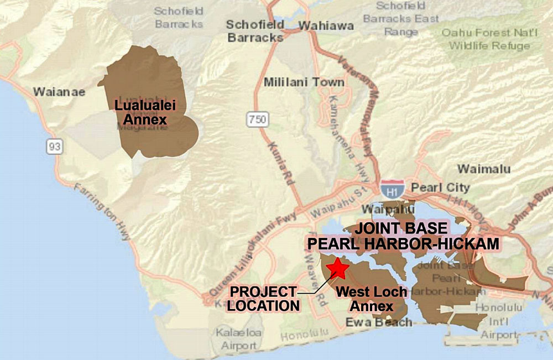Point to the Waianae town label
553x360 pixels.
click(x=59, y=91)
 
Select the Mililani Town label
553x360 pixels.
click(x=304, y=82)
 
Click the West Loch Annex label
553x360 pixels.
click(x=371, y=299)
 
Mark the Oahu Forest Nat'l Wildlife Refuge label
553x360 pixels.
click(x=489, y=39)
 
